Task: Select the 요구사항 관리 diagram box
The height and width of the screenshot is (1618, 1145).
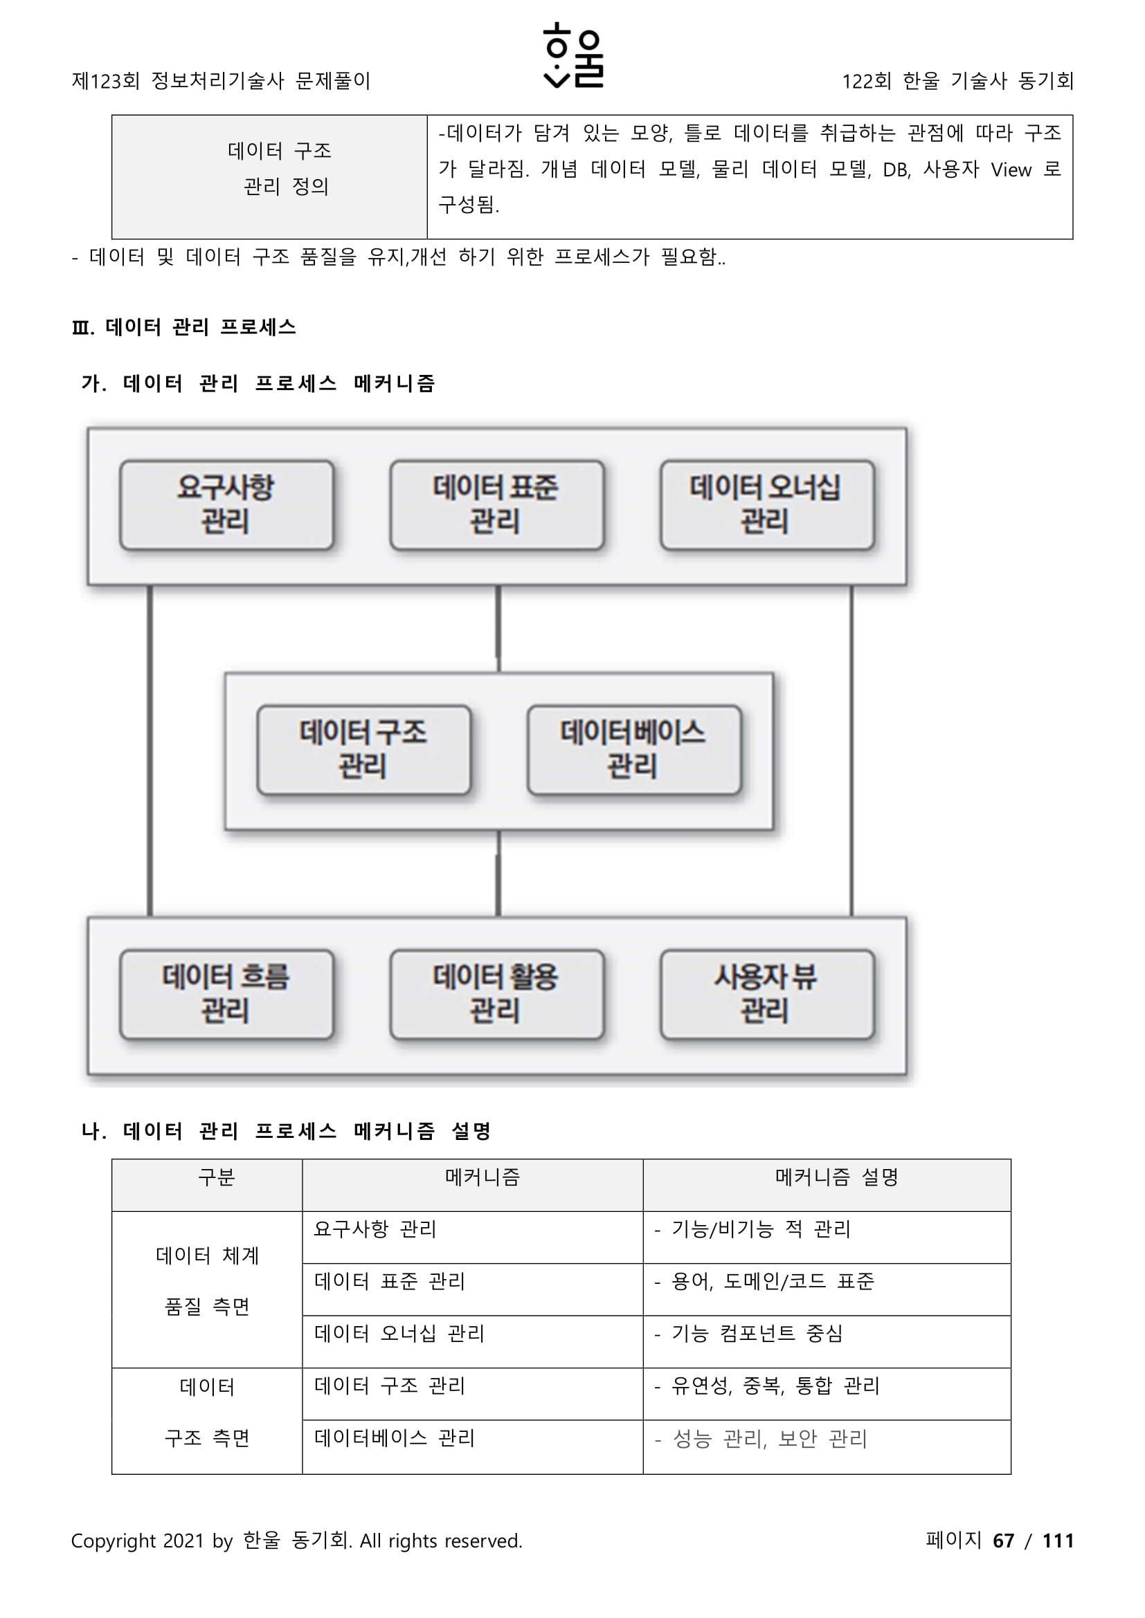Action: click(x=226, y=504)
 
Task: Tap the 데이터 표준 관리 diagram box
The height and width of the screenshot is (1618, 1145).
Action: click(x=496, y=504)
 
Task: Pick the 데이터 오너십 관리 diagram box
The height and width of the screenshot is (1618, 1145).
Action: click(x=766, y=504)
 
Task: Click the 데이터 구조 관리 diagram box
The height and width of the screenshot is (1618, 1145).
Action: click(x=364, y=749)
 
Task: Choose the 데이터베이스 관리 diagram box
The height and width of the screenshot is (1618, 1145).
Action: click(x=634, y=749)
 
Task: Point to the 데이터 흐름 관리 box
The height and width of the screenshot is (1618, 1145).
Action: click(x=226, y=993)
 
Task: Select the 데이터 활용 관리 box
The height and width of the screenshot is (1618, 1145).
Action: click(x=496, y=993)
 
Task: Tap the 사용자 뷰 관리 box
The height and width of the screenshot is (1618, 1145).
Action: click(x=766, y=993)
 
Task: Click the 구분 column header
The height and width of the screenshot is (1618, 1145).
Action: click(x=216, y=1177)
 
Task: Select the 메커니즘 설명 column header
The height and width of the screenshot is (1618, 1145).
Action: click(x=836, y=1177)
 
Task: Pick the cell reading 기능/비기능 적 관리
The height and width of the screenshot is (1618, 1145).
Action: click(x=761, y=1229)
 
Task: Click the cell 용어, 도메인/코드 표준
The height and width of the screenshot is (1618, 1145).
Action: click(x=772, y=1281)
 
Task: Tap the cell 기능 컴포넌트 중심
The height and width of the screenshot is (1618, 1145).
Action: click(x=757, y=1333)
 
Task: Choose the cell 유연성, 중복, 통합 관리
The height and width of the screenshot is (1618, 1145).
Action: click(x=775, y=1386)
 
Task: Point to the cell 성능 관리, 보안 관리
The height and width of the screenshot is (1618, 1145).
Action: click(x=769, y=1438)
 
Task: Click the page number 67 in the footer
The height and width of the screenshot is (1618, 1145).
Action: click(x=1002, y=1541)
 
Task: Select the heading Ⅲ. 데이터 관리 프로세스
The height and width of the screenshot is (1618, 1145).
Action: click(x=184, y=327)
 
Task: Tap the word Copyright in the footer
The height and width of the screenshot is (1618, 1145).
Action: click(x=114, y=1541)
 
